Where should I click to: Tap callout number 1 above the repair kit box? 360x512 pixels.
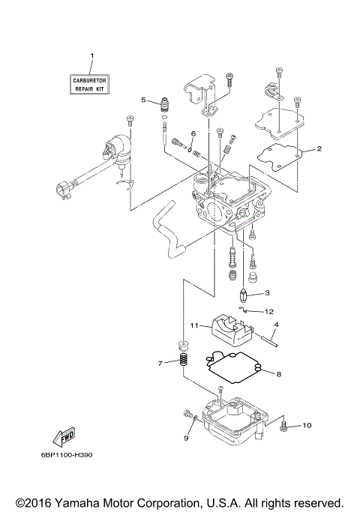91,55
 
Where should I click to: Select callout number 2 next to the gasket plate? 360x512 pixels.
319,149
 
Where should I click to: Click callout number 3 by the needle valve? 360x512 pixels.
266,292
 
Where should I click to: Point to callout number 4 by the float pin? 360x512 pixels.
276,325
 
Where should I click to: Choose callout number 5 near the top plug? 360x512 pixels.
142,100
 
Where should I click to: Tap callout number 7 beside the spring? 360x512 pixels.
160,363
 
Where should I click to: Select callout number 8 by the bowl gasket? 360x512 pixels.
278,373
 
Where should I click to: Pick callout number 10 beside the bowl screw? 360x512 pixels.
307,426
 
